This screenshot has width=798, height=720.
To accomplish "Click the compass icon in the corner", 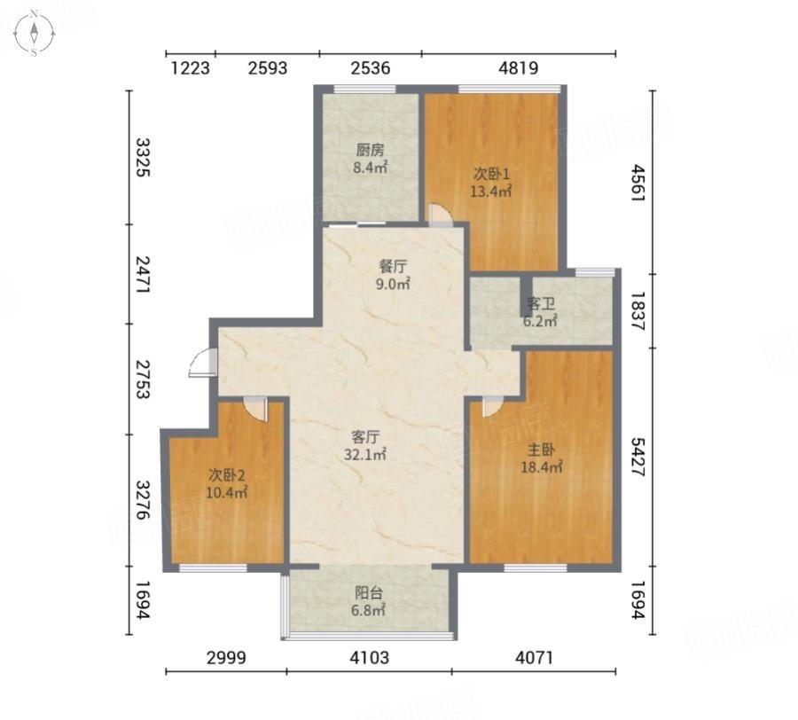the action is [x=34, y=33].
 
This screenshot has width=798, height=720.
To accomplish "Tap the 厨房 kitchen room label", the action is [x=370, y=150].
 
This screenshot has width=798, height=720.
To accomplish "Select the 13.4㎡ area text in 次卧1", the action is [x=490, y=192].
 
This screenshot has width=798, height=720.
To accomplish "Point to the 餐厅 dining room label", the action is [x=393, y=267].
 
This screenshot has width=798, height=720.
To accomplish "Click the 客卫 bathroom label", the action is [x=541, y=304].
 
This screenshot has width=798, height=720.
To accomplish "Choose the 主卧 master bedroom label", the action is [x=541, y=450].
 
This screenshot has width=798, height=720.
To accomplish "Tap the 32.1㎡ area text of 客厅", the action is [x=365, y=454].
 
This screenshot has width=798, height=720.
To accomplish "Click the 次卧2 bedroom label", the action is [x=227, y=475].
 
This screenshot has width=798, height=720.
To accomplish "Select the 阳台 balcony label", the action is [x=369, y=593].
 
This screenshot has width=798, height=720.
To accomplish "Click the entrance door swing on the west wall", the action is [x=202, y=363].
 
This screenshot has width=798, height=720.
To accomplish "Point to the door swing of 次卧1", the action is [x=440, y=215].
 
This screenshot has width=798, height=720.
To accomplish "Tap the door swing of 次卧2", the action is [x=255, y=408].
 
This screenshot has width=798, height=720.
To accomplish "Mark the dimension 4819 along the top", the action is [x=518, y=67].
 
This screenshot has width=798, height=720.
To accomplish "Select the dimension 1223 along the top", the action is [x=190, y=67].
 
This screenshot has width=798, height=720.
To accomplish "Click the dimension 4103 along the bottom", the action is [x=369, y=657].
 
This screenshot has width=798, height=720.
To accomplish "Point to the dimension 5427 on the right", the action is [x=638, y=457].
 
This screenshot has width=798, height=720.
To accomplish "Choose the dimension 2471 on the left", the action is [x=142, y=274].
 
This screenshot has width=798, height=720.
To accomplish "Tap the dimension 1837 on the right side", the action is [x=638, y=311].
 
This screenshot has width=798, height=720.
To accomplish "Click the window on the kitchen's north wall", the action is [x=365, y=90].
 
